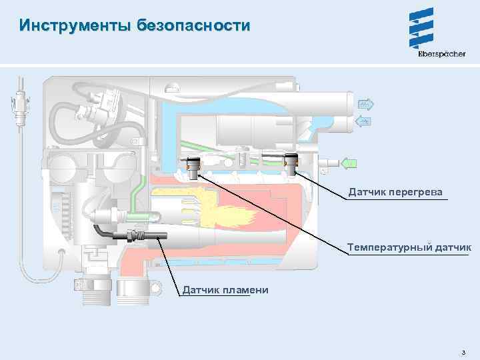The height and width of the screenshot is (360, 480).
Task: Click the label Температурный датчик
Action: point(409,248)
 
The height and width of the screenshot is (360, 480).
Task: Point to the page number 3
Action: point(462,352)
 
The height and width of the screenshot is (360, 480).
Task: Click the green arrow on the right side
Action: point(348,162)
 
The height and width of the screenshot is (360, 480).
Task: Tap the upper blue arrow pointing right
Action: point(366,104)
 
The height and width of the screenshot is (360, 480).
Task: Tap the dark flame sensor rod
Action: point(137,235)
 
